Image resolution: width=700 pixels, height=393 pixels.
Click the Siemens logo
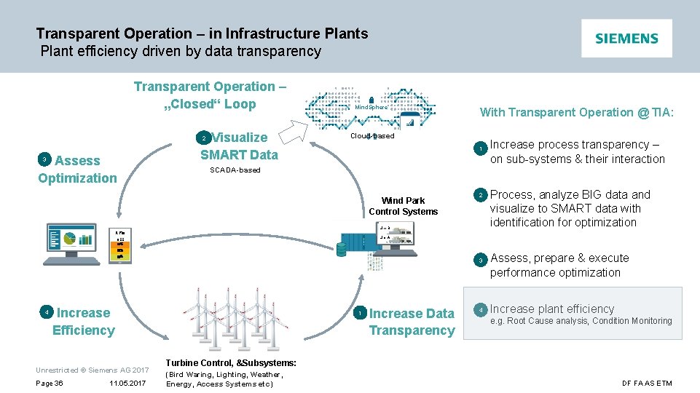coord(626,39)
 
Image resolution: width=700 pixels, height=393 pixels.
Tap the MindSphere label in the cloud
coord(371,108)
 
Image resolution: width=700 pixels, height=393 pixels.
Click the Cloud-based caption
coord(372,136)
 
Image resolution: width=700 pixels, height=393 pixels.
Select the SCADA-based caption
coord(235,170)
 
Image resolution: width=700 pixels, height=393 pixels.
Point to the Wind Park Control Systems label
coord(403,206)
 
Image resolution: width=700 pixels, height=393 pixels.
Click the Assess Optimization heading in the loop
coord(77,170)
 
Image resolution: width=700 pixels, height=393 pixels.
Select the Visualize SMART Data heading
coord(239,146)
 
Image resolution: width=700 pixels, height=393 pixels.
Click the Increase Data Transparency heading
coord(411,322)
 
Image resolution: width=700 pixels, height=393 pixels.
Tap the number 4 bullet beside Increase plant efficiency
coord(480,309)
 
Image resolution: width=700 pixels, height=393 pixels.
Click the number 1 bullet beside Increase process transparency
coord(480,149)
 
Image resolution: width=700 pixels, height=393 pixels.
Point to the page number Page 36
coord(50,384)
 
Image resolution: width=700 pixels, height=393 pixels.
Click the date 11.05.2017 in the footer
coord(127,384)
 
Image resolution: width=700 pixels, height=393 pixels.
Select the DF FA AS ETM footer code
coord(647,384)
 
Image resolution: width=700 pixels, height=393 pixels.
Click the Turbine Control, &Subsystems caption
coord(231,362)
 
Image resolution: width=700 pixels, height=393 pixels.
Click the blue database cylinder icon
coord(342,249)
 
